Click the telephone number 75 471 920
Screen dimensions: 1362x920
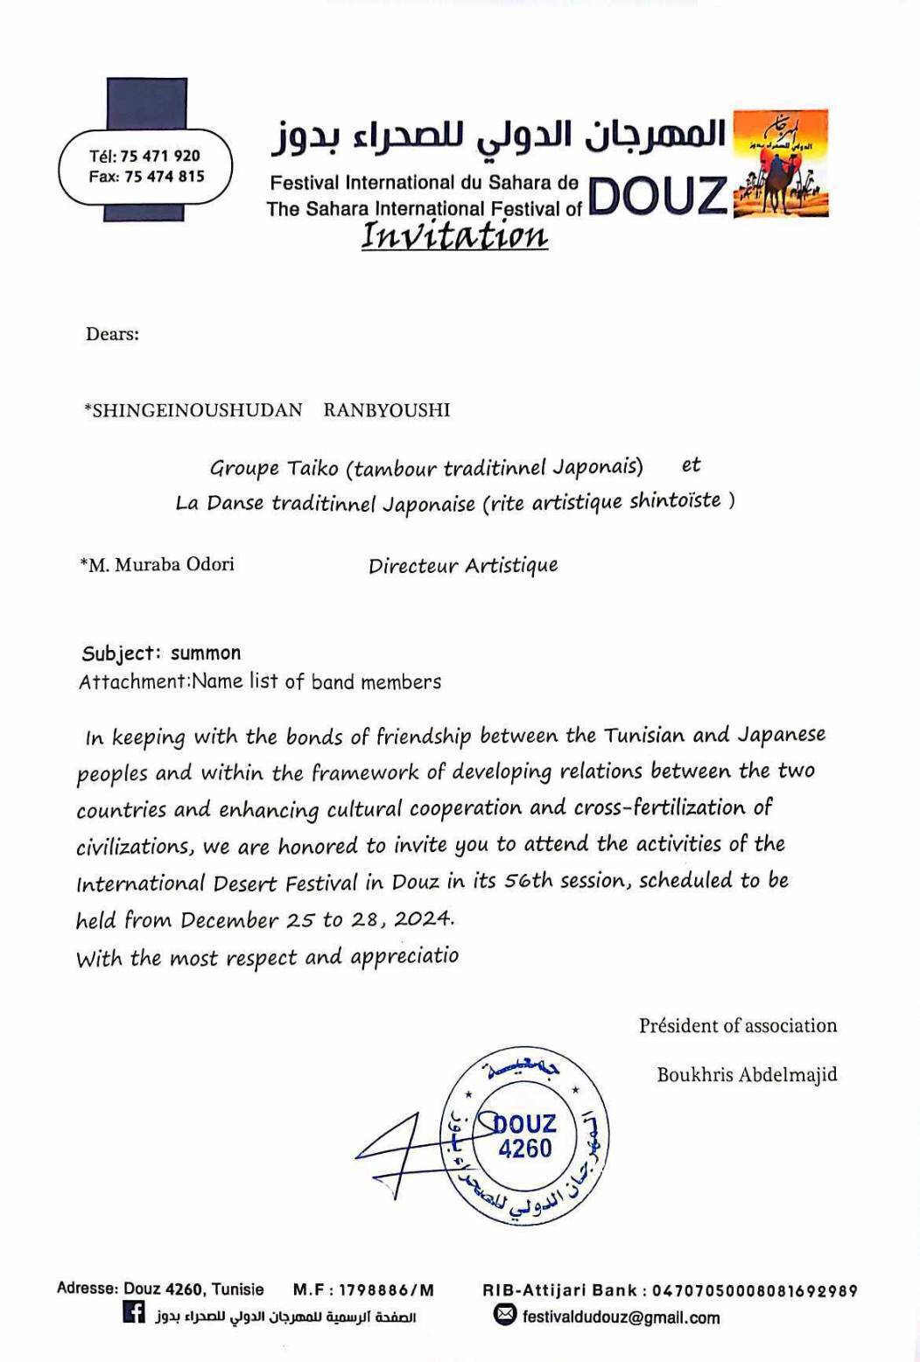point(159,156)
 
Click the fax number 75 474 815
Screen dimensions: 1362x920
point(164,177)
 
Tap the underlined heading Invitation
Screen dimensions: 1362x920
point(454,235)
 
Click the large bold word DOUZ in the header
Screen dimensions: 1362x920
point(658,195)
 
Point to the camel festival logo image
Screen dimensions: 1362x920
point(780,164)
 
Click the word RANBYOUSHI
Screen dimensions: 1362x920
point(386,410)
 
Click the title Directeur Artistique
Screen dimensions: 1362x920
point(462,566)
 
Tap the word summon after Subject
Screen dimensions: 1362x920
point(206,653)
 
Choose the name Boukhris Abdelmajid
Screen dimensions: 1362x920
point(747,1074)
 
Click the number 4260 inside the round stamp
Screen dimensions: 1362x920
point(525,1148)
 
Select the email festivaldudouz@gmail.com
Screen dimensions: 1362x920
point(621,1317)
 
